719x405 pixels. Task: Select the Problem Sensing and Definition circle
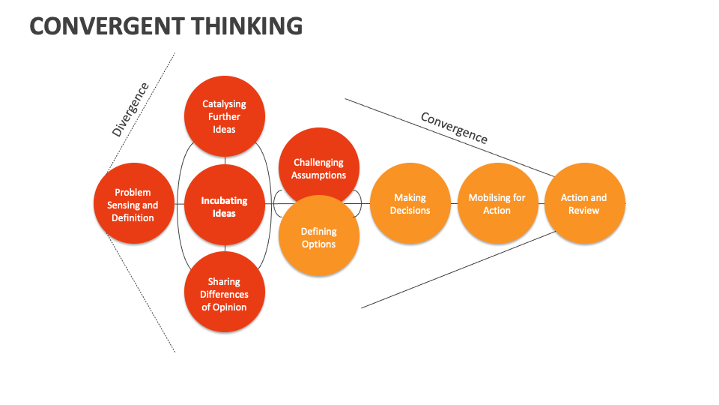click(x=133, y=204)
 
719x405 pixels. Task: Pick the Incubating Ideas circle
click(x=224, y=206)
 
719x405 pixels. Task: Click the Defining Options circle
click(x=319, y=237)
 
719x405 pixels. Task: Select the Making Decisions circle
click(x=410, y=203)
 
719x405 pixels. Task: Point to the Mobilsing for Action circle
click(x=497, y=203)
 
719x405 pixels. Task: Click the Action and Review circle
click(x=584, y=203)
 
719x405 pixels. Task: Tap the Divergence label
click(x=130, y=109)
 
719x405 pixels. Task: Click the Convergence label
click(x=454, y=127)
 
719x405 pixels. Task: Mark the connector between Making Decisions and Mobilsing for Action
click(x=453, y=203)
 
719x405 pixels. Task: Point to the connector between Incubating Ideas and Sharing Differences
click(x=225, y=249)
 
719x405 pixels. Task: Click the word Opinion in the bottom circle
click(x=224, y=307)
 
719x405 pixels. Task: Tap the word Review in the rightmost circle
click(x=584, y=211)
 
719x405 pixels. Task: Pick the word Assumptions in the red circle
click(x=319, y=175)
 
